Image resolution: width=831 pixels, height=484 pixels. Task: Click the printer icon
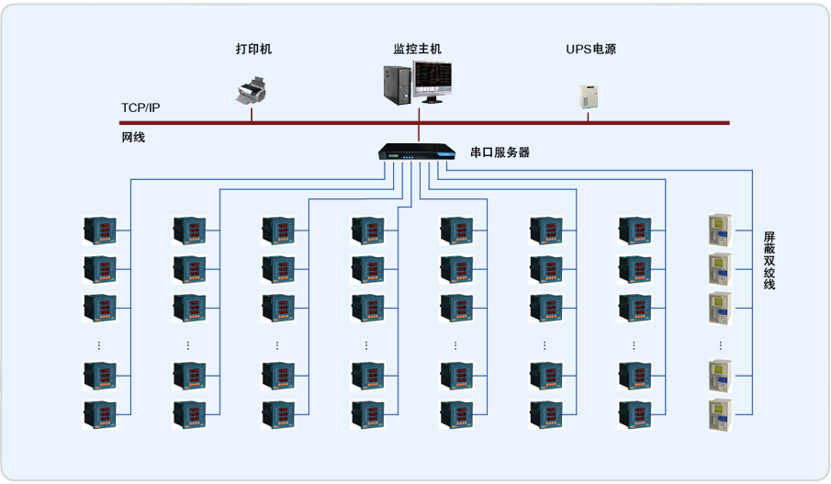click(x=253, y=90)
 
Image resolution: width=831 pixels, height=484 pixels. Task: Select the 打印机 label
click(x=253, y=50)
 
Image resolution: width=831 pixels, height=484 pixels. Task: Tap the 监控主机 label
click(x=418, y=50)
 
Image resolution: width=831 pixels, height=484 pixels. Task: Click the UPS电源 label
click(x=590, y=50)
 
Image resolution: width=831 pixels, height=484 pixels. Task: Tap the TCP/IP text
click(x=140, y=108)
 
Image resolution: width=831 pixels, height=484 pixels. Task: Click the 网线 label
click(x=133, y=138)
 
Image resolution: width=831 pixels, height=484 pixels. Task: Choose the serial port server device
click(x=418, y=152)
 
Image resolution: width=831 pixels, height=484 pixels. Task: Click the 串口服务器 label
click(x=500, y=152)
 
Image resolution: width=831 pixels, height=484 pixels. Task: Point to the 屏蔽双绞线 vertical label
click(x=769, y=261)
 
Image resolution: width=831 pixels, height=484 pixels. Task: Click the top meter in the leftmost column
click(x=99, y=231)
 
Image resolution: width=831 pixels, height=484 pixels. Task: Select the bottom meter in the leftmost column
click(x=99, y=414)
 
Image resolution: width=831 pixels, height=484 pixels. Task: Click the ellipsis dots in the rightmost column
click(x=720, y=345)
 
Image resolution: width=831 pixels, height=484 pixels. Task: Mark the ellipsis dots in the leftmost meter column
click(x=99, y=345)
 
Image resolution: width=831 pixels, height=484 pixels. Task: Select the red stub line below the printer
click(x=253, y=114)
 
